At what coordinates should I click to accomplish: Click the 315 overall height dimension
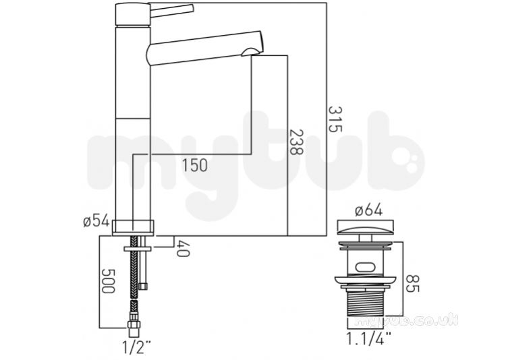pos(335,119)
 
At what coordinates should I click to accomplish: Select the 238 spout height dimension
pos(296,142)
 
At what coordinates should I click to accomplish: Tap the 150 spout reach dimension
pos(194,165)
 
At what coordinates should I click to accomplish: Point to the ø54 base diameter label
pos(96,221)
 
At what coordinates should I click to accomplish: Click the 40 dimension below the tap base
pos(183,249)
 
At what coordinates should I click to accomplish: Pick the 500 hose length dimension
pos(108,280)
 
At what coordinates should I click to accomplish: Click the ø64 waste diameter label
pos(368,210)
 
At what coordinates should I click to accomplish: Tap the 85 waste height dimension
pos(412,283)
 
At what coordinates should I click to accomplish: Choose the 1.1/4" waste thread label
pos(368,338)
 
